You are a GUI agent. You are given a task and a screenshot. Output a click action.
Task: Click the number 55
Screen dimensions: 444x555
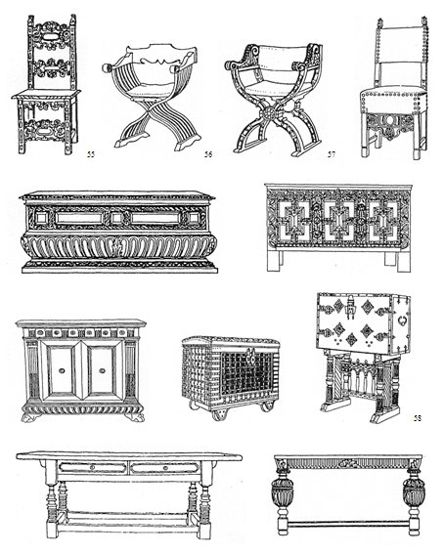[x=91, y=154]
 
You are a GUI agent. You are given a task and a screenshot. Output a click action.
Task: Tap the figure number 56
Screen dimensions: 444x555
[x=208, y=154]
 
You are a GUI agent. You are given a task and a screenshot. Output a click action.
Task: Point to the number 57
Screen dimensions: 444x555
[x=331, y=154]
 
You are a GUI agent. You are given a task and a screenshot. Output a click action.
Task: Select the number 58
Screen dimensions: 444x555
[x=418, y=418]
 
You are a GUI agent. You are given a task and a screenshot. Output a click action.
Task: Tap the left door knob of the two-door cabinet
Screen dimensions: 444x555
[x=62, y=370]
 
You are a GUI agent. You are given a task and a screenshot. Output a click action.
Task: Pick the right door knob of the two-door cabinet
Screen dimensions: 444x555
[x=103, y=370]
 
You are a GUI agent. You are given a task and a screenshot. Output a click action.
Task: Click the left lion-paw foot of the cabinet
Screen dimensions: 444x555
[x=28, y=417]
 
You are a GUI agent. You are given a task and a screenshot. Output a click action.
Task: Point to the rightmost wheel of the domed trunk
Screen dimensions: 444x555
[x=266, y=406]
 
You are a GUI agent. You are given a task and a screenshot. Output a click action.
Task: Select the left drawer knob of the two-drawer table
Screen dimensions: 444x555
[x=92, y=468]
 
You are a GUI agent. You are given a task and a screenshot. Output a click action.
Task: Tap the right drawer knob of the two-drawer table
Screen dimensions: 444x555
[x=164, y=468]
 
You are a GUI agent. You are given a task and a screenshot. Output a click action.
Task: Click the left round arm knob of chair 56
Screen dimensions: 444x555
[x=107, y=67]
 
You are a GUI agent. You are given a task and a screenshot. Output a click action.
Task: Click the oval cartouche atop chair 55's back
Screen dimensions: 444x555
[x=52, y=36]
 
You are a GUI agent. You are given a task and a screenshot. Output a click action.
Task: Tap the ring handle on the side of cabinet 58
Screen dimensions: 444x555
[x=403, y=320]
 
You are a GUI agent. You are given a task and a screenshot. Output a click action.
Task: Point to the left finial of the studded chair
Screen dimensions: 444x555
[x=381, y=23]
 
